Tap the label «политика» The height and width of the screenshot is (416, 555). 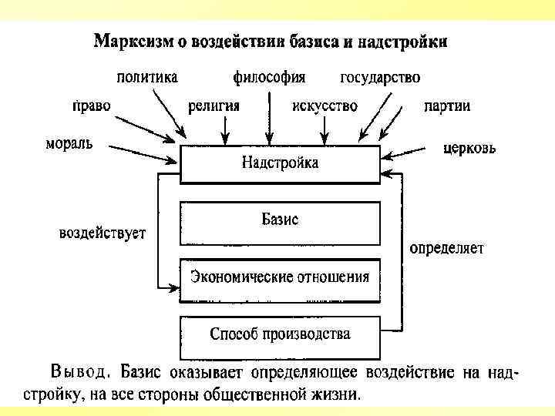coord(147,77)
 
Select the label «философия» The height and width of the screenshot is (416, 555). coord(269,77)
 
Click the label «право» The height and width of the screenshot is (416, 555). coord(90,106)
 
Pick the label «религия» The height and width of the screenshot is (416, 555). coord(214,106)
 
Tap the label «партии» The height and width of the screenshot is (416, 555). coord(447,106)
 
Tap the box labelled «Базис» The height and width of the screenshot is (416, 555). coord(280,222)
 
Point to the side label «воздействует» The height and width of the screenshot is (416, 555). coord(103,233)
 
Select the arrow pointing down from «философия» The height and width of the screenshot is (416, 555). coord(270,116)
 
